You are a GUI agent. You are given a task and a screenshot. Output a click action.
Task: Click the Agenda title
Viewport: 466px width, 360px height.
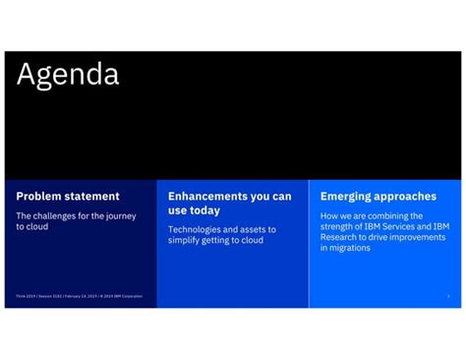(x=68, y=75)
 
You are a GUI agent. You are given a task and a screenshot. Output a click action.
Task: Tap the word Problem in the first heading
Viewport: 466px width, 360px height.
(x=37, y=197)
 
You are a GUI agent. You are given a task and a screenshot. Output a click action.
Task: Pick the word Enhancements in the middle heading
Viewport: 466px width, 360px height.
(x=211, y=197)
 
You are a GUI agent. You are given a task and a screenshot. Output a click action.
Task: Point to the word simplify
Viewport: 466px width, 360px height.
(x=186, y=240)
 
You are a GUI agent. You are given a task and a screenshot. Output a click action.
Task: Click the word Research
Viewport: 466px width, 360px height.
(x=341, y=237)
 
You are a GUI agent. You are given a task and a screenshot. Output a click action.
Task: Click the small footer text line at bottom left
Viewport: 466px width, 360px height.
(x=79, y=295)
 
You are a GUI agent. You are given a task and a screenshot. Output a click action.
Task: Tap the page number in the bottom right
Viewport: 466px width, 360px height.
(x=448, y=295)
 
